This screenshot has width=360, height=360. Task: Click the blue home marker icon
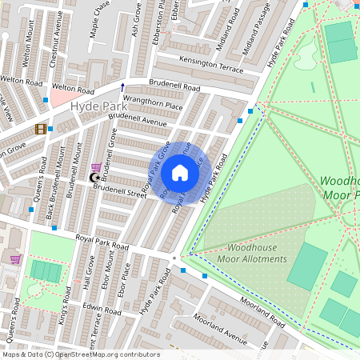(x=180, y=173)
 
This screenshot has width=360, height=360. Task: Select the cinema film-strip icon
(x=39, y=129)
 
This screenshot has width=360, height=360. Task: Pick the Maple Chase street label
(x=99, y=18)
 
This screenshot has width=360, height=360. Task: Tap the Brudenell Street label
(x=119, y=190)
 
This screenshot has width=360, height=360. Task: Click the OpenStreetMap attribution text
(x=81, y=354)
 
